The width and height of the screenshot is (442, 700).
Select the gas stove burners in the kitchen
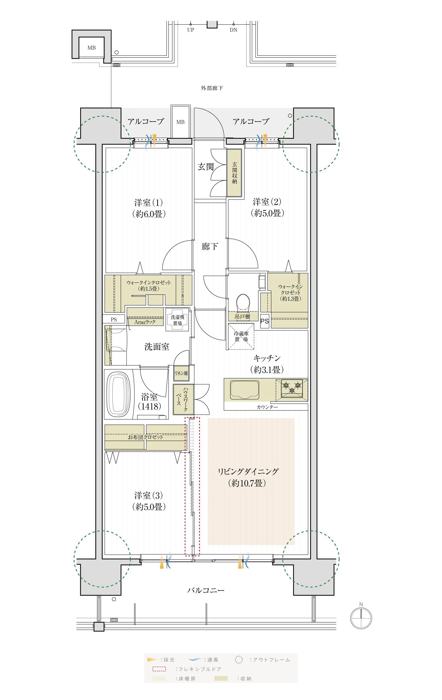click(x=292, y=388)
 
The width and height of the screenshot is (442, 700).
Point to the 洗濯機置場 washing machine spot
click(x=177, y=320)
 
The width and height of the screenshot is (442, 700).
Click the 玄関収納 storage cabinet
click(x=235, y=173)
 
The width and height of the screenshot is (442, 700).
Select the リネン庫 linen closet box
click(x=181, y=373)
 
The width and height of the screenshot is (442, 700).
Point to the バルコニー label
click(x=206, y=590)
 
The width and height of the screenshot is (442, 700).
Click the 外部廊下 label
click(x=212, y=88)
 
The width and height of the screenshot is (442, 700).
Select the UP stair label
click(x=190, y=30)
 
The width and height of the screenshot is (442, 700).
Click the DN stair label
click(x=233, y=30)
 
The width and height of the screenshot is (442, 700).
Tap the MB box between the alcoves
click(x=180, y=122)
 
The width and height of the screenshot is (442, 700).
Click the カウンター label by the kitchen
click(x=267, y=407)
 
